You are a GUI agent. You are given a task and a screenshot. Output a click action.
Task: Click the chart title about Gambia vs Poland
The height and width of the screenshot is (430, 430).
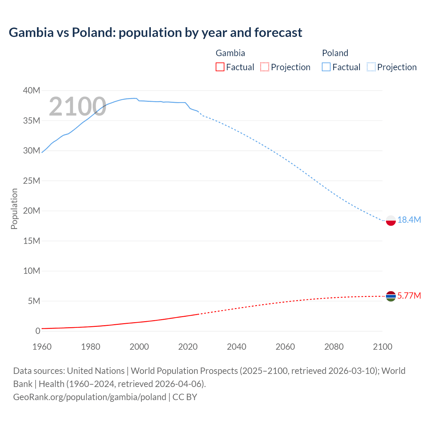pos(155,33)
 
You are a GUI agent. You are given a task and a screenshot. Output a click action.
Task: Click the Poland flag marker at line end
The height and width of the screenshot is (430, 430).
pos(391,220)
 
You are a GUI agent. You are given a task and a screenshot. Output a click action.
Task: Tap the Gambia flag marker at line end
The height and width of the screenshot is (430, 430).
pos(391,296)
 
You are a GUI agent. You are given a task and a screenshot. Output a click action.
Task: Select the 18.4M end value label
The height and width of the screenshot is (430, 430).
pos(409,220)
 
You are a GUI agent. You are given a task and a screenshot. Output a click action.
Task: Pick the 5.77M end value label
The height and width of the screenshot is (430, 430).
pos(409,296)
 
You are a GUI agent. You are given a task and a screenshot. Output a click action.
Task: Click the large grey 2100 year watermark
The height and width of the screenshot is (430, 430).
pos(78,106)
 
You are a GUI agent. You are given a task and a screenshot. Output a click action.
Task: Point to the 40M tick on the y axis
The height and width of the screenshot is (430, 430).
pos(32,91)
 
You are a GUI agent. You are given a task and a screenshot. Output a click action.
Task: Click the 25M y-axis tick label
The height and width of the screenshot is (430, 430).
pos(32,181)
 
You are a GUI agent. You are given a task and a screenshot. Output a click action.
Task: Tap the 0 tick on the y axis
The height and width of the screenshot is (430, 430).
pos(38,331)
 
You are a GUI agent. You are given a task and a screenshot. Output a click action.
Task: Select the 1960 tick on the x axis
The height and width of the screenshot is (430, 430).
pos(42,347)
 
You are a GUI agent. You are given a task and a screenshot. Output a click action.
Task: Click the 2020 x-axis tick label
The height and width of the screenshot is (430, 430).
pos(188,347)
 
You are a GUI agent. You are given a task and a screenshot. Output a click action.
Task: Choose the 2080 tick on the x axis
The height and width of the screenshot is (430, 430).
pos(334,347)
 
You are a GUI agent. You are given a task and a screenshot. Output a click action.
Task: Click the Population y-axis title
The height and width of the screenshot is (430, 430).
pos(14,209)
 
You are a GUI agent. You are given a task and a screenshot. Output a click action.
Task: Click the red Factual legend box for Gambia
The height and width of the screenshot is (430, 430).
pos(220,67)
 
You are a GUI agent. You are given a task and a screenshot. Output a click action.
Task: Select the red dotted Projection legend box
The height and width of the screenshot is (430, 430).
pos(265,67)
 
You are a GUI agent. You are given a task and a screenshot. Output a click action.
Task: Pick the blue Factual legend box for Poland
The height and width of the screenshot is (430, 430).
pos(326,67)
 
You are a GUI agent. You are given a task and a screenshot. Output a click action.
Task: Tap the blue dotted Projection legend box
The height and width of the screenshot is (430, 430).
pos(371,67)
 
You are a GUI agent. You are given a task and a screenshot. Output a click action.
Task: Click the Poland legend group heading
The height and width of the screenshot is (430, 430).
pos(335,53)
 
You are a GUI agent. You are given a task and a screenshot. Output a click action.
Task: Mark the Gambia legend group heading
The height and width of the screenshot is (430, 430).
pos(230,53)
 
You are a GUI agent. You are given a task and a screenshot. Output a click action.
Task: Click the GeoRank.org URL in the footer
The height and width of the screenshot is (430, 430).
pos(90,397)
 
